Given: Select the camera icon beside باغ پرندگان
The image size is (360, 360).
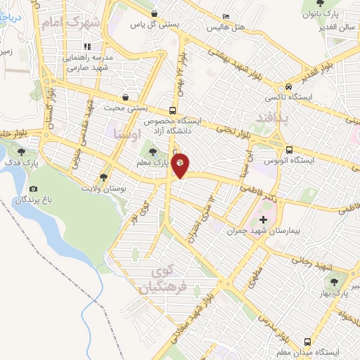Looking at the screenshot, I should (x=33, y=189).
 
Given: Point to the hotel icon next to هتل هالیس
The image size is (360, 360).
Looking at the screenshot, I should (x=225, y=17).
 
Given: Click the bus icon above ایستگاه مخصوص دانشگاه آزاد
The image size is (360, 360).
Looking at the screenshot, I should (x=173, y=110).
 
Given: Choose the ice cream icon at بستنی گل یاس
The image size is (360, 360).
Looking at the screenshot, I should (x=154, y=13).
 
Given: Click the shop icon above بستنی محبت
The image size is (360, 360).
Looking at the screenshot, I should (x=125, y=97).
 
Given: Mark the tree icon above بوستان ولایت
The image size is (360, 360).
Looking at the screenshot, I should (x=104, y=177).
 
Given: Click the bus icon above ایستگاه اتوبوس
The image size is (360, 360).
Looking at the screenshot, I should (x=289, y=149).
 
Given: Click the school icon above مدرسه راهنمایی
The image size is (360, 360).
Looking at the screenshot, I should (x=87, y=47).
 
